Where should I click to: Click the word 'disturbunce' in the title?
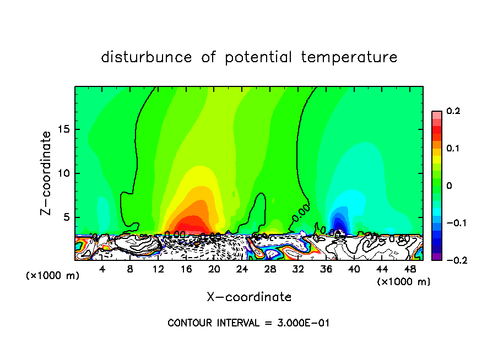147,57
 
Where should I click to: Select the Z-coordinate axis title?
47,173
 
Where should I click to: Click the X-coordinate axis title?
249,297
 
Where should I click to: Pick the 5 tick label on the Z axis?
66,217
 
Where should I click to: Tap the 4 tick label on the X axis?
102,270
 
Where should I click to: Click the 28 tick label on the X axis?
269,270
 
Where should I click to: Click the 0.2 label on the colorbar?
453,111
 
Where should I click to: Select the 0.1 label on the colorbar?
453,149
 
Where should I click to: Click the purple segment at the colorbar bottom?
436,257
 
